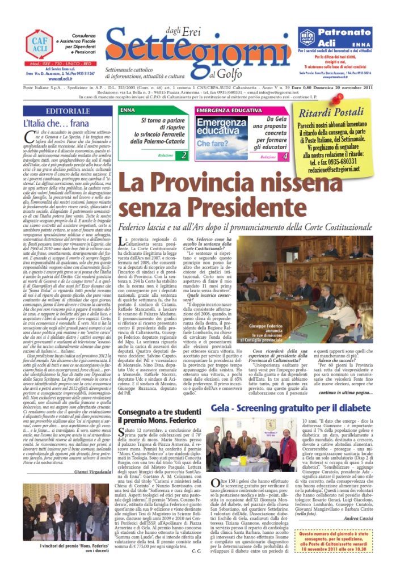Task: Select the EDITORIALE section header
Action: click(68, 111)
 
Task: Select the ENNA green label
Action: click(129, 110)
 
